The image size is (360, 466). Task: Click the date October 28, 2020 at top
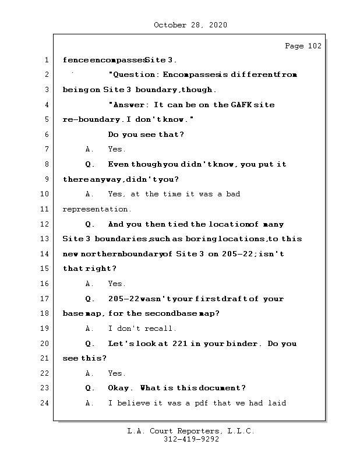pyautogui.click(x=190, y=25)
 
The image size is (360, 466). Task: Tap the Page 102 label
pyautogui.click(x=302, y=46)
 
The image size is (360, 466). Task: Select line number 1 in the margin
pyautogui.click(x=45, y=60)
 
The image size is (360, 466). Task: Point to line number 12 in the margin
pyautogui.click(x=45, y=224)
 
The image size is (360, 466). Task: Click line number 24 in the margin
pyautogui.click(x=45, y=403)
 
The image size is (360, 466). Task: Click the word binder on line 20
pyautogui.click(x=246, y=344)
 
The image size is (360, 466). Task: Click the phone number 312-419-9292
pyautogui.click(x=191, y=440)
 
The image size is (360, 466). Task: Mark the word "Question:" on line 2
pyautogui.click(x=133, y=75)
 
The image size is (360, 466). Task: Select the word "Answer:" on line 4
pyautogui.click(x=129, y=105)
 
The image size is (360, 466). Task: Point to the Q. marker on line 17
pyautogui.click(x=90, y=299)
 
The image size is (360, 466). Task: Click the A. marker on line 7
pyautogui.click(x=90, y=150)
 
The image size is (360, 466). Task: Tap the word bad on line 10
pyautogui.click(x=232, y=194)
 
